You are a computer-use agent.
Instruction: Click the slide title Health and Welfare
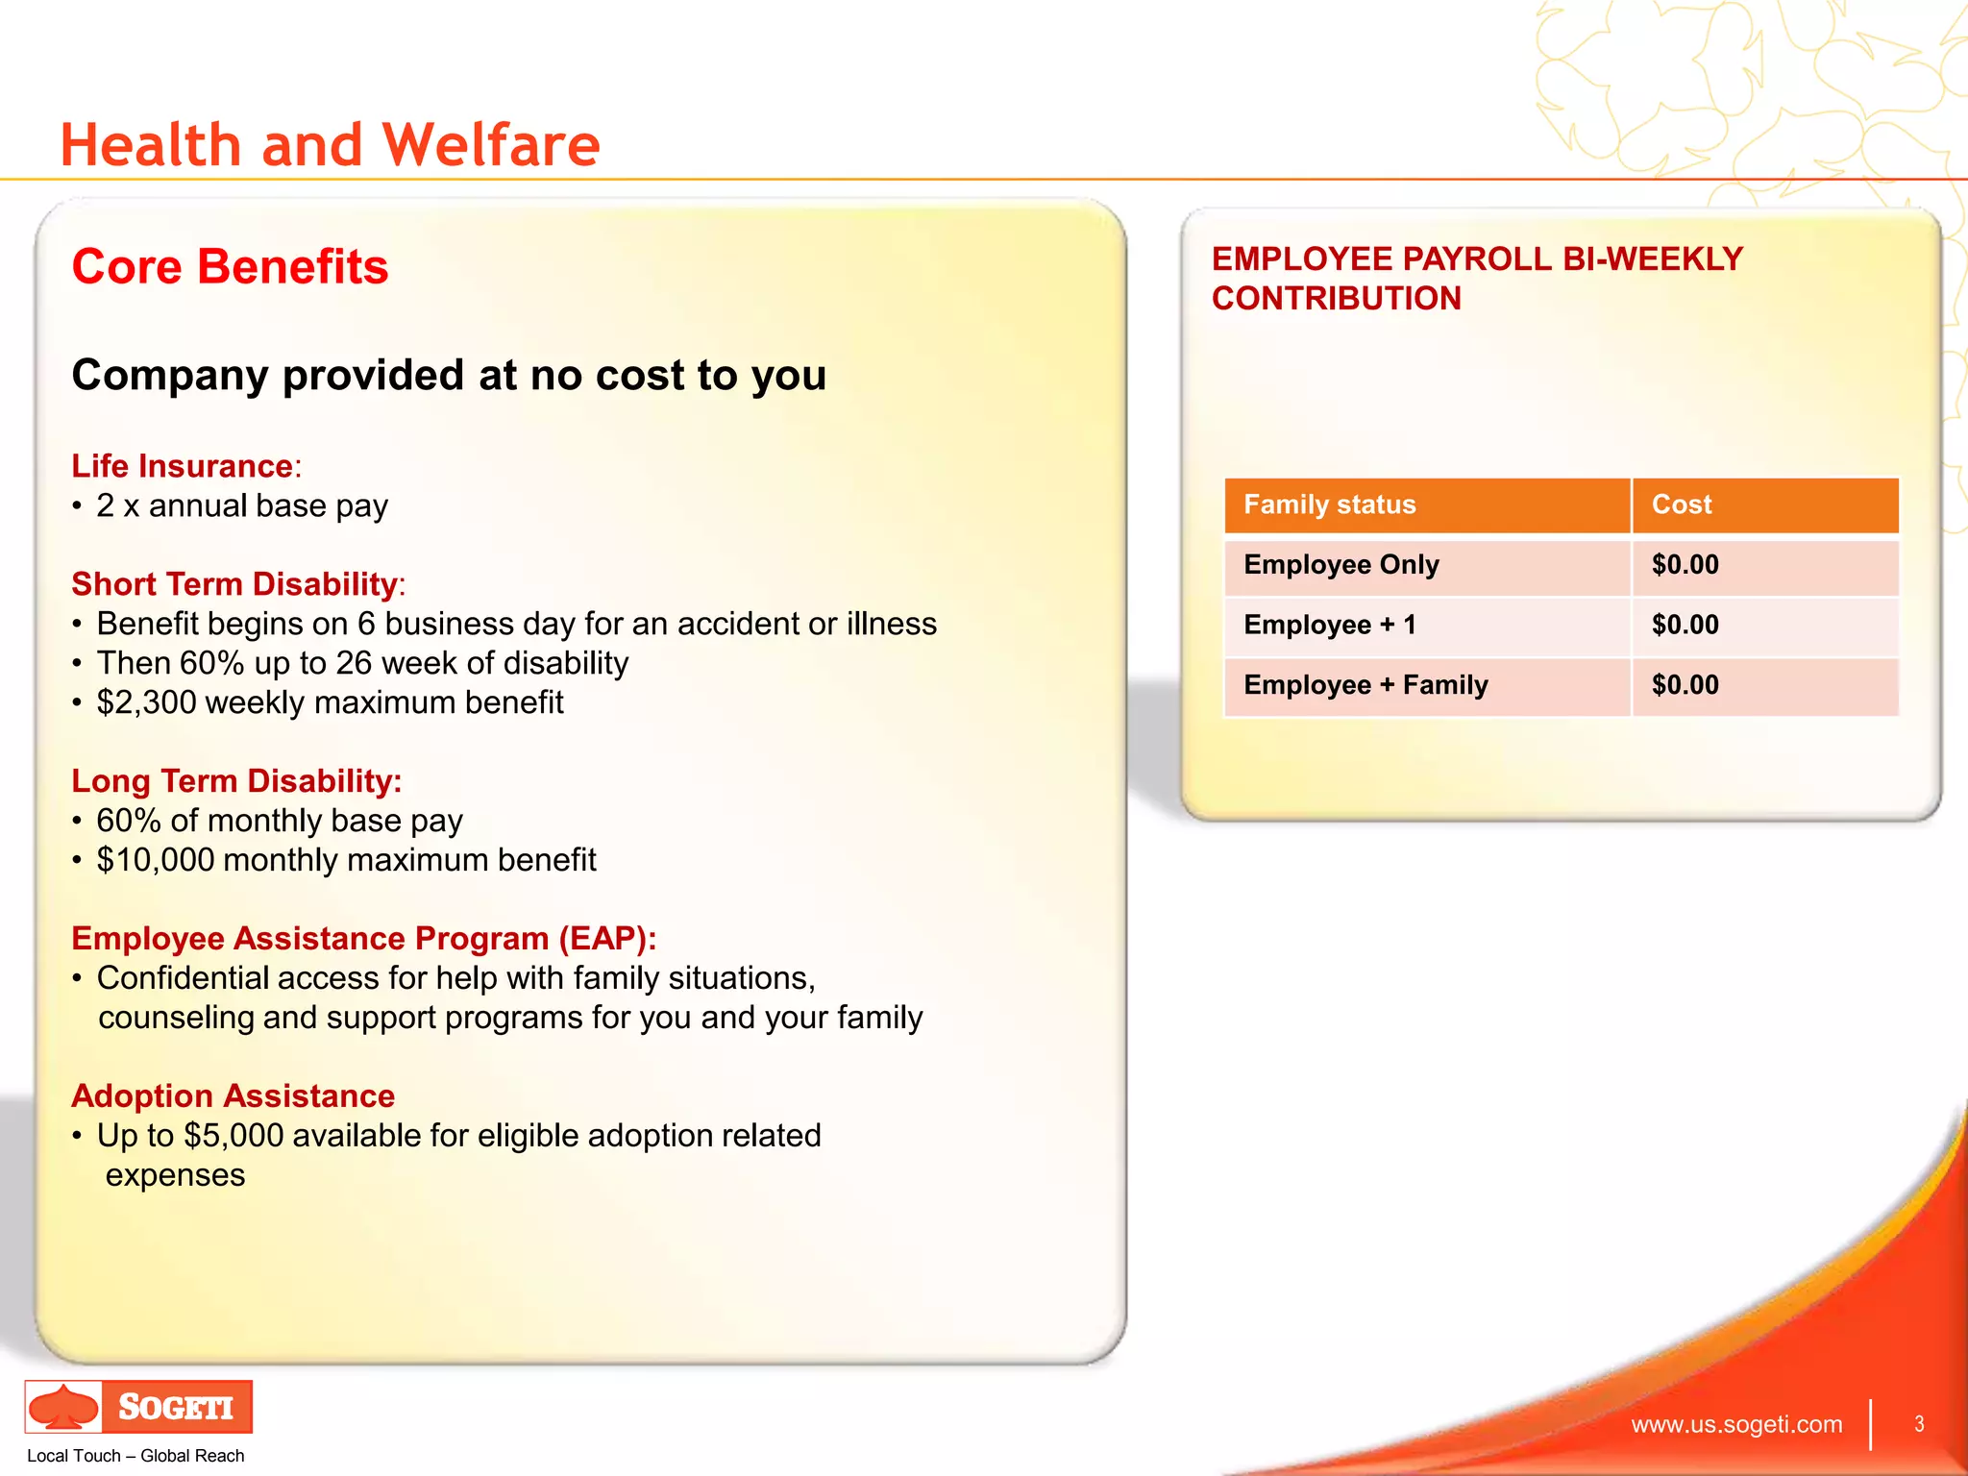click(330, 145)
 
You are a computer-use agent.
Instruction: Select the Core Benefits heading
click(230, 266)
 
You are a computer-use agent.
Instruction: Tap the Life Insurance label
click(183, 466)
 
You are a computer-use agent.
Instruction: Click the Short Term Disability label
click(234, 584)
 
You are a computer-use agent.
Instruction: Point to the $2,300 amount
click(146, 702)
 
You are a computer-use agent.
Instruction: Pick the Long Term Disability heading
click(235, 781)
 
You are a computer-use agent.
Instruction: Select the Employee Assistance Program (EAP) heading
click(363, 939)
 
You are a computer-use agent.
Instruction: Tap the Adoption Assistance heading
click(233, 1096)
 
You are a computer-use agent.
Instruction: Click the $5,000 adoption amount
click(234, 1136)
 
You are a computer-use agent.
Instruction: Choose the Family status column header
click(1329, 504)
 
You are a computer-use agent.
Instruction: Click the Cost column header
click(1681, 504)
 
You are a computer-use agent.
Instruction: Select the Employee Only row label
click(1341, 565)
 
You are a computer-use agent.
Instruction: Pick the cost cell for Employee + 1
click(1685, 625)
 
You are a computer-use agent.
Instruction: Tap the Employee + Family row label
click(1365, 685)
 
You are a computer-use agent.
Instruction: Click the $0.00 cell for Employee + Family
click(1685, 685)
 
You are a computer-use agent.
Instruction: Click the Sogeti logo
click(139, 1407)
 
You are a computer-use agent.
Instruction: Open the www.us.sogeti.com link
click(1735, 1424)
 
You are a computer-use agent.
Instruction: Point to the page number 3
click(1919, 1424)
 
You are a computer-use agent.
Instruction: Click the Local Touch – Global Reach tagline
click(135, 1456)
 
